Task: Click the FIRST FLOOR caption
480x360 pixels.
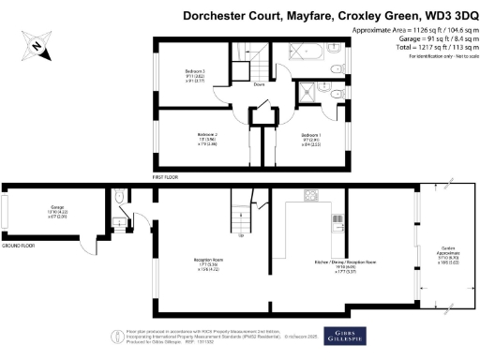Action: [165, 176]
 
